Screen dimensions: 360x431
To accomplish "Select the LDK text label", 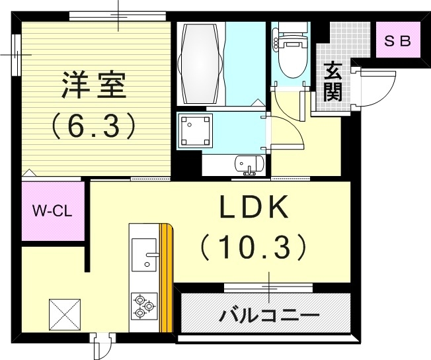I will [254, 210].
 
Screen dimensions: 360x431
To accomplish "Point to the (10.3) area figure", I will [254, 247].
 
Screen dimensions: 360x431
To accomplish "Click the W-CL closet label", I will [54, 212].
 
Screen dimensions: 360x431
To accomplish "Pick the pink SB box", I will [398, 40].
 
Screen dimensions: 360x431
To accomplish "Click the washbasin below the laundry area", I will [250, 163].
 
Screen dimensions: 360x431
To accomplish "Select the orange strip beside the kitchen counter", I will [168, 278].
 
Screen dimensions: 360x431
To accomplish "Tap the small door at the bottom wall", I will [100, 345].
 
